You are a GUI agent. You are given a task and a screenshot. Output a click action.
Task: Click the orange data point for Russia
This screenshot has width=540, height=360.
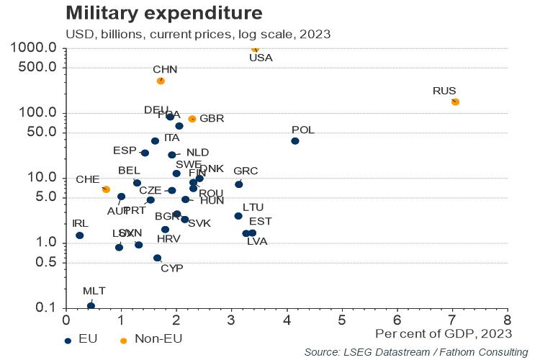coord(454,102)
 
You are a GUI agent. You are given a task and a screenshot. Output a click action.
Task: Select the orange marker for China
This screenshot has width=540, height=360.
coord(161,81)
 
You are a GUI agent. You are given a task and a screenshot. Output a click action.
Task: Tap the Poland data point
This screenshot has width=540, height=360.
coord(294,140)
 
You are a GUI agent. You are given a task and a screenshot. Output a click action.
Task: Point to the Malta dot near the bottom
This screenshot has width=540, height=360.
coord(91,305)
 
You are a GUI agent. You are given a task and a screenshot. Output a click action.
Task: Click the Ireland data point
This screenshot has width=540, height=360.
coord(80,235)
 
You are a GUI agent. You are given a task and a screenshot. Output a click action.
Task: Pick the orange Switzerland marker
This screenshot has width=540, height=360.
coord(106,189)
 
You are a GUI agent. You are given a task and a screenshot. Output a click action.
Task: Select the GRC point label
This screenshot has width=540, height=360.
coord(246,171)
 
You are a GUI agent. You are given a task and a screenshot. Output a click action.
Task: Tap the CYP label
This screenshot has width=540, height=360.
coord(171,269)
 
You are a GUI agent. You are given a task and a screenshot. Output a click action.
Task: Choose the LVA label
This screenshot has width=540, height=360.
coord(257,242)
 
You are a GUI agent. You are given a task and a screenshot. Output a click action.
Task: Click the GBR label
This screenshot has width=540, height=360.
coord(212,118)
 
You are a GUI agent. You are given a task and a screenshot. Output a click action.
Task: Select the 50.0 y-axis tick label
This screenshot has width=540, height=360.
coord(43,132)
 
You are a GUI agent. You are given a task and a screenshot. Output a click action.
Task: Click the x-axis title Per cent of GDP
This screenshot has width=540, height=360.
coord(444,333)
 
